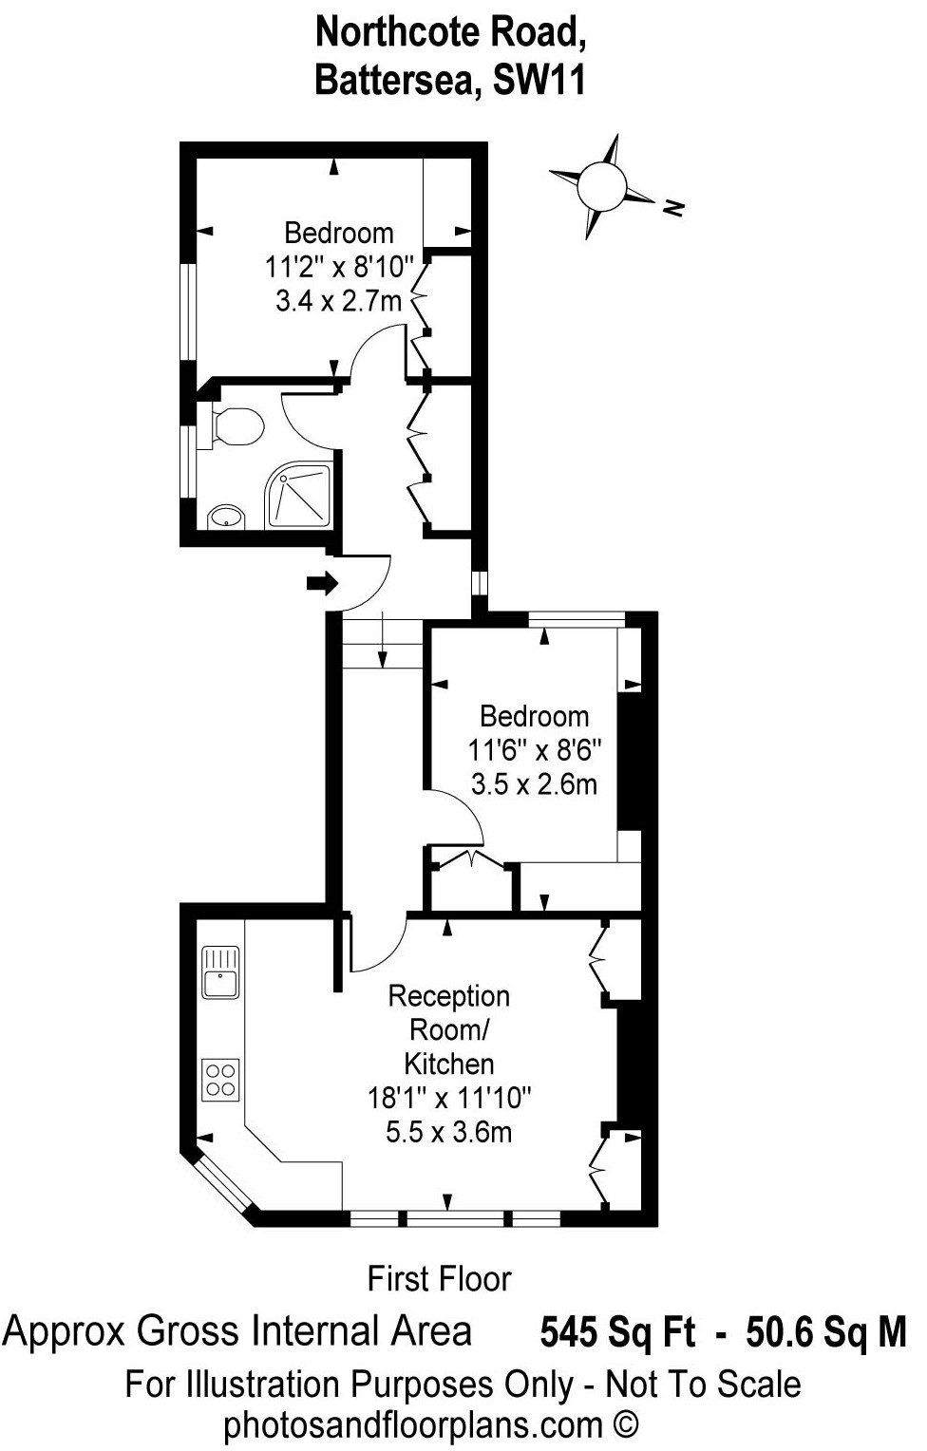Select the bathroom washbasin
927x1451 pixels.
coord(225,517)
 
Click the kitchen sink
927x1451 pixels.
coord(220,973)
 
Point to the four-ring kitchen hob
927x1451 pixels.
coord(220,1080)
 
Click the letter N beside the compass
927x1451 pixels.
coord(673,207)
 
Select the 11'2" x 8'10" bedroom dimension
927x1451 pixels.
coord(339,266)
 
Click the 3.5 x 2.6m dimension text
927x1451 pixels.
coord(534,784)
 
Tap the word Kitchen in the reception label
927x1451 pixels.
coord(449,1064)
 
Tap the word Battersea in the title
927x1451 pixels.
coord(397,81)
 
